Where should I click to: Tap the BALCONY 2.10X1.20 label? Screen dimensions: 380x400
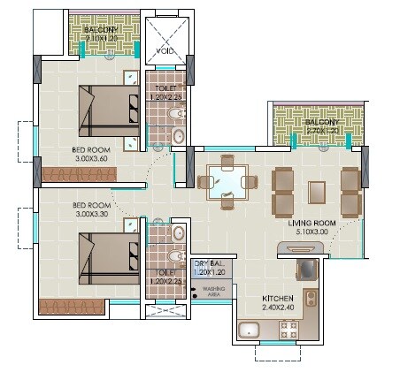[x=105, y=34]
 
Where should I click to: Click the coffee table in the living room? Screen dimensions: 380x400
[x=317, y=191]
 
